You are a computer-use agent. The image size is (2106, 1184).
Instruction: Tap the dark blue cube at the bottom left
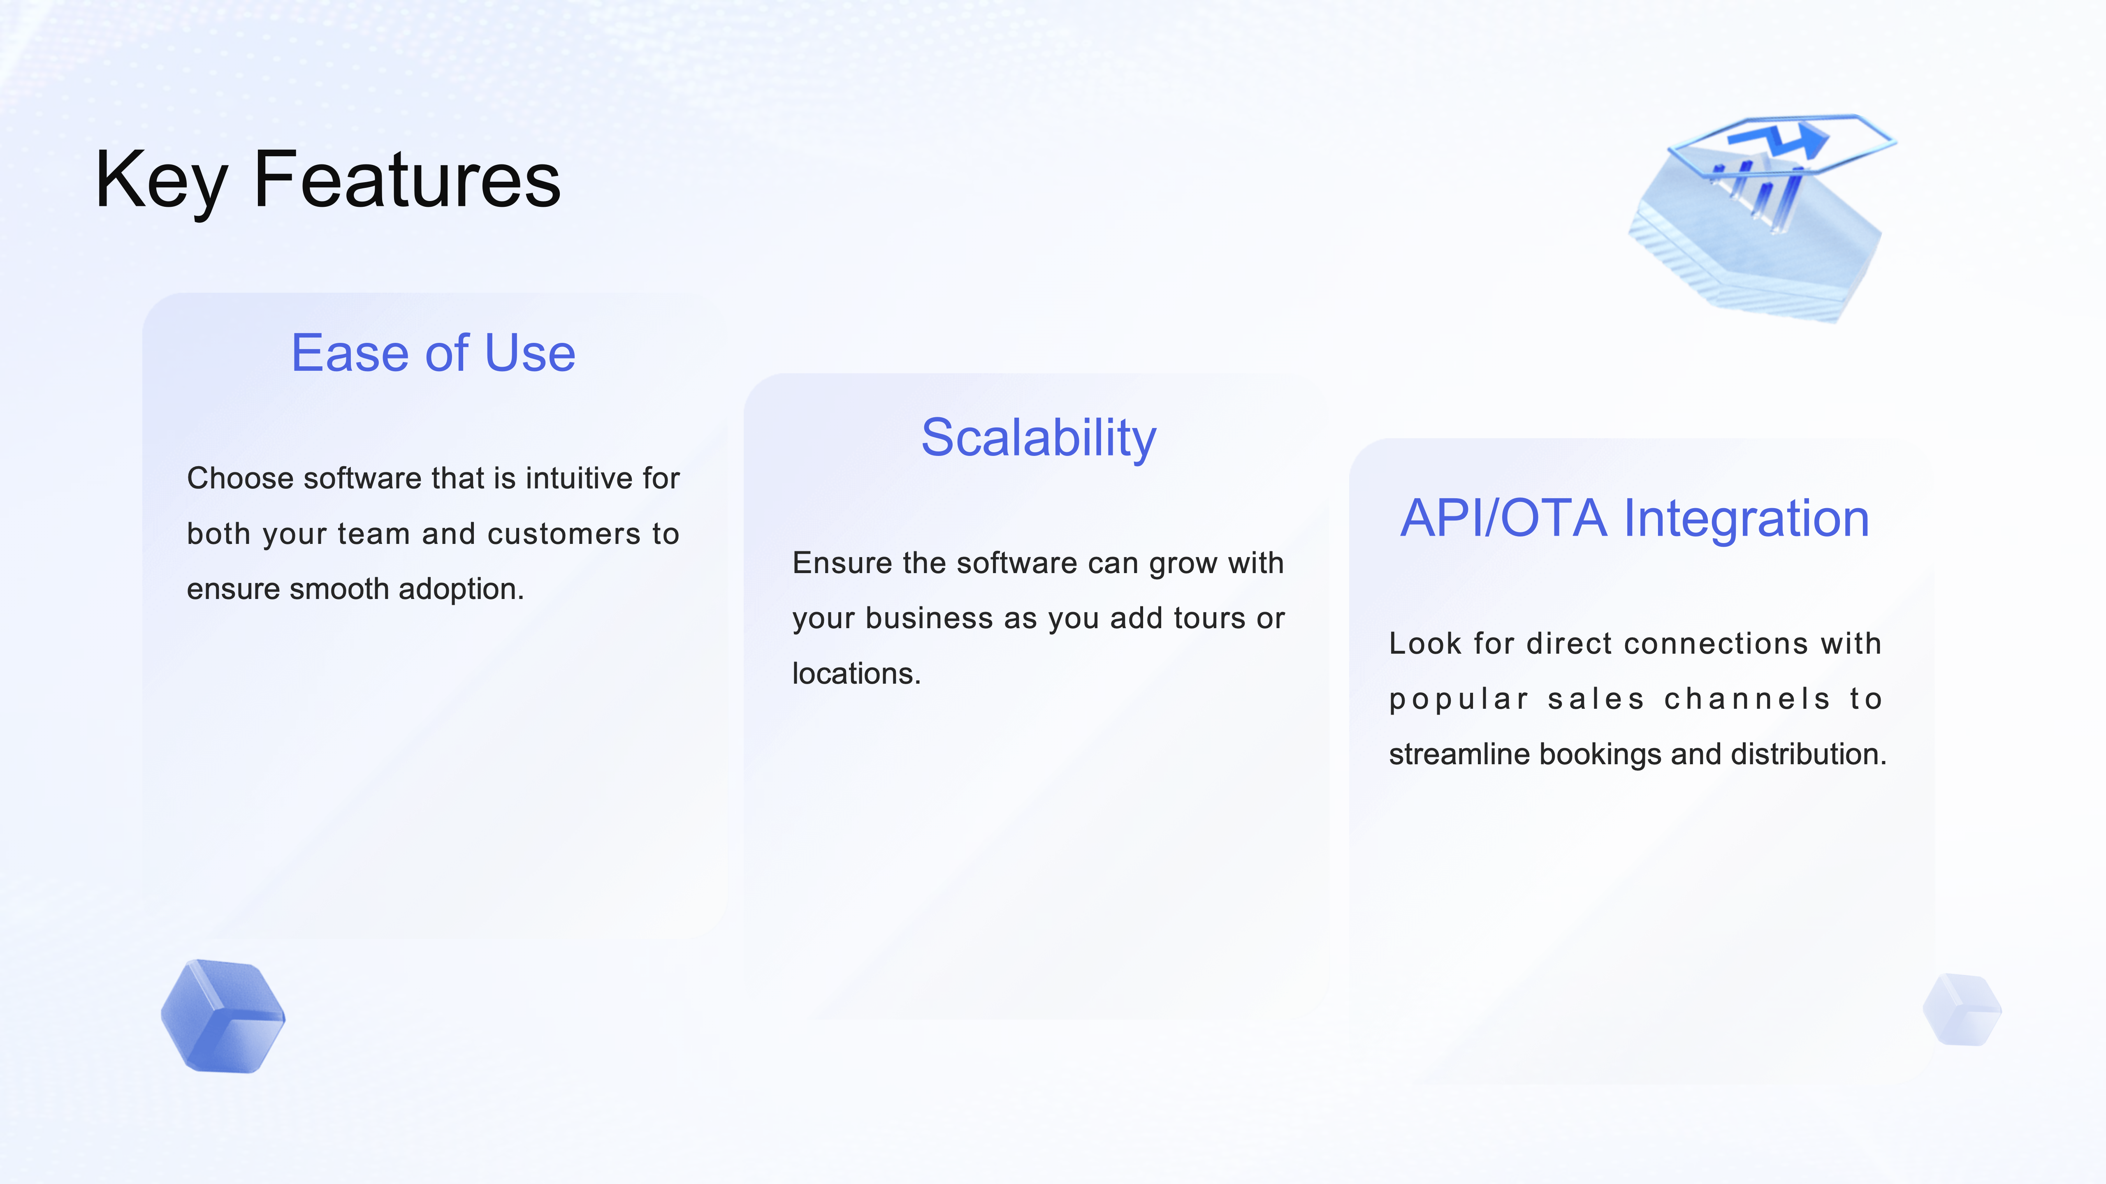(223, 1016)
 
